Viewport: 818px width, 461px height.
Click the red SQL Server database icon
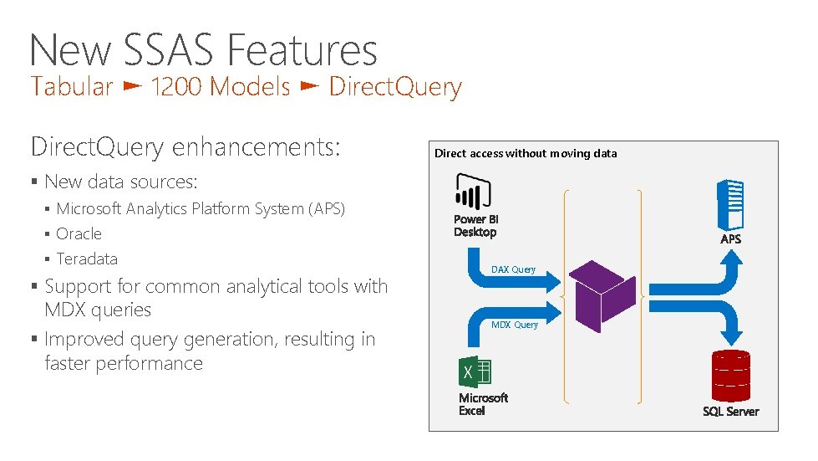coord(729,375)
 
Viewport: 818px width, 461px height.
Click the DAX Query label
coord(513,269)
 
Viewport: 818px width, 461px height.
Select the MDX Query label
coord(514,325)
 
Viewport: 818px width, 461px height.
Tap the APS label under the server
coord(730,239)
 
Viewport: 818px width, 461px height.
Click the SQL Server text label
coord(730,412)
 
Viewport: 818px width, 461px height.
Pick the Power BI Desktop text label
coord(475,226)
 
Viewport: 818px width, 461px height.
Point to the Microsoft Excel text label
coord(483,404)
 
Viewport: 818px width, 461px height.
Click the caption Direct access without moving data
coord(526,153)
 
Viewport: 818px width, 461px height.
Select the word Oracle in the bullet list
coord(79,233)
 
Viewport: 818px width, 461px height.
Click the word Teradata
coord(87,259)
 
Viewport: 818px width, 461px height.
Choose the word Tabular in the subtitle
coord(72,86)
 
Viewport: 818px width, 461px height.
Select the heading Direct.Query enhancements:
coord(185,147)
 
